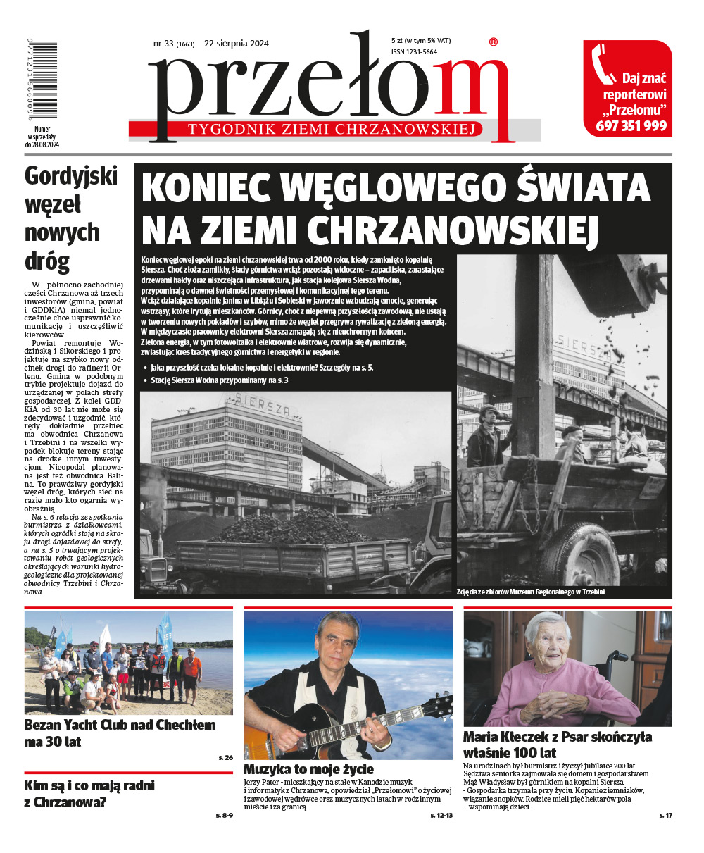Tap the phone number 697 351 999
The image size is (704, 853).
tap(631, 126)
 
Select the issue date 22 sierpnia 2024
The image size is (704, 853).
tap(237, 44)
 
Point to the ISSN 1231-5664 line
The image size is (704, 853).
tap(414, 51)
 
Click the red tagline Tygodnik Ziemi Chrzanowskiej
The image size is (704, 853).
tap(334, 129)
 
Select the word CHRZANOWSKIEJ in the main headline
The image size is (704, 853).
tap(453, 228)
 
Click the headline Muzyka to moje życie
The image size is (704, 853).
tap(308, 769)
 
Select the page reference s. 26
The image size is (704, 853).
tap(225, 757)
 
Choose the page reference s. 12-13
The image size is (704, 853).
tap(441, 815)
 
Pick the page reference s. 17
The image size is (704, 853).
tap(665, 815)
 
